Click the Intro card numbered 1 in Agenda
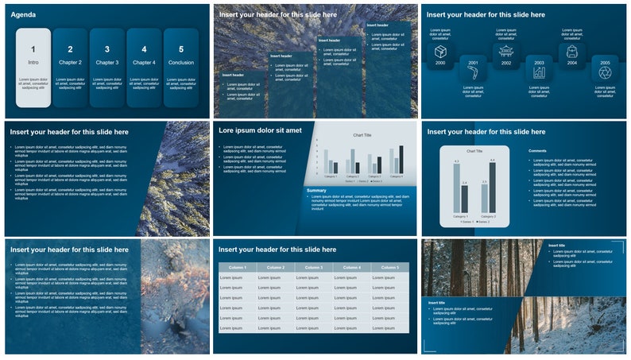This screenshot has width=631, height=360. [33, 67]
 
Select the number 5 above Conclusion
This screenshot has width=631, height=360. [180, 49]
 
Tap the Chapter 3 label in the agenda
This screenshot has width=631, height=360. [106, 62]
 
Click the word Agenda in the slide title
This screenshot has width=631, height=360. [23, 14]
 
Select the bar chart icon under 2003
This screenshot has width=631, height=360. [539, 73]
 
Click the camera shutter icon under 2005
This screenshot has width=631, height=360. [605, 73]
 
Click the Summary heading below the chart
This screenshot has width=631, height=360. [316, 190]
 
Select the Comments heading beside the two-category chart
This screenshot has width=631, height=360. [537, 150]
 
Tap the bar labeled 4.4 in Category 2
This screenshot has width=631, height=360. [493, 187]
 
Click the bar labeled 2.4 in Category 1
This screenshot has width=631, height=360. [465, 198]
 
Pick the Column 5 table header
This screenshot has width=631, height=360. [389, 267]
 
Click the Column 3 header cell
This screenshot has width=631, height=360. [313, 267]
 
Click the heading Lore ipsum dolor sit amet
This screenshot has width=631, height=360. [260, 130]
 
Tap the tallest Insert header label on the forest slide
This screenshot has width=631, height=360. [377, 25]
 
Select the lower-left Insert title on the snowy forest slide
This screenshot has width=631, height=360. [436, 302]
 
